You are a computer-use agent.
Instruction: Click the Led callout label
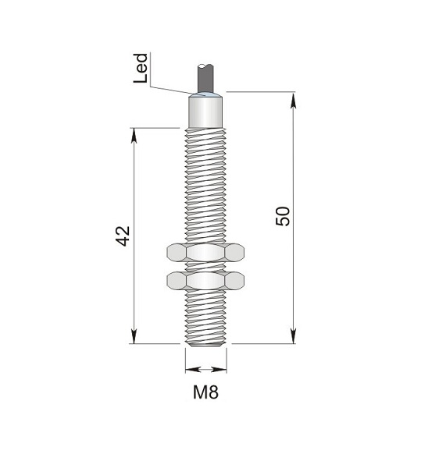pos(141,68)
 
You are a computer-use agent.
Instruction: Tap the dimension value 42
pos(123,236)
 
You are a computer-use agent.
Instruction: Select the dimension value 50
pos(283,216)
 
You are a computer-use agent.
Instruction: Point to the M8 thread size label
pos(205,392)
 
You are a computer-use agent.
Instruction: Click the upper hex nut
pos(205,253)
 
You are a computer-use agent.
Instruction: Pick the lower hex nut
pos(205,281)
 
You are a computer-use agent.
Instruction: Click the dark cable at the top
pos(205,78)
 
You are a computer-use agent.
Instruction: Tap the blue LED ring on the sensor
pos(205,95)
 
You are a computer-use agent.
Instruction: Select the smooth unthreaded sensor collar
pos(205,112)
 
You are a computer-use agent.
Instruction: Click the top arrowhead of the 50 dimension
pos(294,101)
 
